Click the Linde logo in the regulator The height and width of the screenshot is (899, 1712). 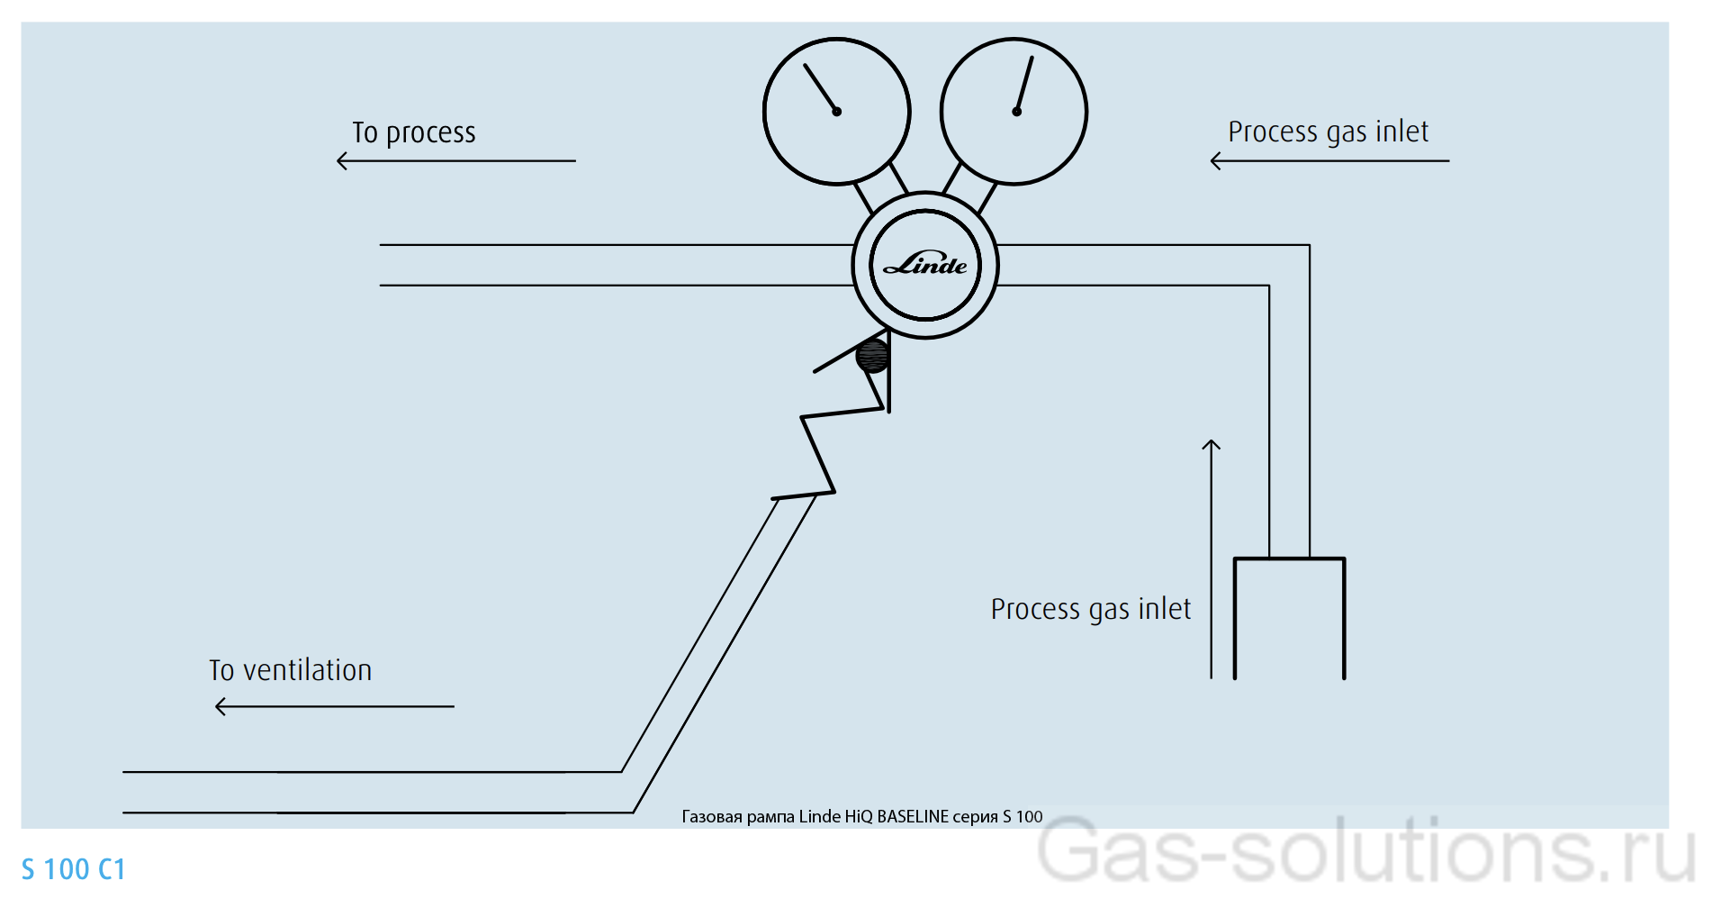[925, 265]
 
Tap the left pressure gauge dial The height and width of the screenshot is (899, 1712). [836, 112]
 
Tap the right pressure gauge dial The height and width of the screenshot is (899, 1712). [1014, 112]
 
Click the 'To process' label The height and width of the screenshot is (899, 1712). [413, 133]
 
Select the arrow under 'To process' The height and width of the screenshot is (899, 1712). [455, 161]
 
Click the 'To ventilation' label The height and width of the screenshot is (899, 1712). [290, 671]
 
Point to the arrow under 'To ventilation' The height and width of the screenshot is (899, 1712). [335, 707]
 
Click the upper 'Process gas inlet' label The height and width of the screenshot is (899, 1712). [1328, 132]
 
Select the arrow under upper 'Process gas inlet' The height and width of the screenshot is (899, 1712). [1329, 161]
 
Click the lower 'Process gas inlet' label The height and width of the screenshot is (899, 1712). [1090, 610]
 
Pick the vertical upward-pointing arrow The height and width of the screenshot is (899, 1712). [1212, 558]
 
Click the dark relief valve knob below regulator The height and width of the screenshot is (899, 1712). [872, 356]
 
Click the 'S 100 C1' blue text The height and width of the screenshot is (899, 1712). [73, 870]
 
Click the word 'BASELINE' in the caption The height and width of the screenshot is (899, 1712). [913, 817]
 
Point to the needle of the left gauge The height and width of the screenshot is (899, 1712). [820, 88]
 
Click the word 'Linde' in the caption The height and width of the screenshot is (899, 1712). [819, 817]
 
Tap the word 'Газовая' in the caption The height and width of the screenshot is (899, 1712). [712, 817]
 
